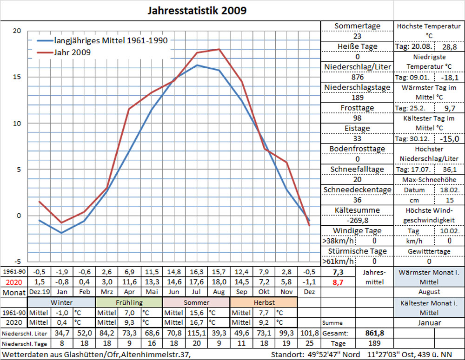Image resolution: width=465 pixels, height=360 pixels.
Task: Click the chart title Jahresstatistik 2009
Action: pyautogui.click(x=197, y=10)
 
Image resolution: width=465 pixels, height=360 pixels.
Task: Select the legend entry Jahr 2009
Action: pyautogui.click(x=72, y=52)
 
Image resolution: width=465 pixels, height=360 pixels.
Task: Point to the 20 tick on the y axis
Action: pyautogui.click(x=17, y=31)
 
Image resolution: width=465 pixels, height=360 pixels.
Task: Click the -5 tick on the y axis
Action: pyautogui.click(x=17, y=261)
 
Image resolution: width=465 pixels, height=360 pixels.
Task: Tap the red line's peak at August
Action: pyautogui.click(x=219, y=49)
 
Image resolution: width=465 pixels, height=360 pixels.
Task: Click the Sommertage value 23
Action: pyautogui.click(x=357, y=36)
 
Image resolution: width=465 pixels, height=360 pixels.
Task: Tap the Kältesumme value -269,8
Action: pyautogui.click(x=357, y=220)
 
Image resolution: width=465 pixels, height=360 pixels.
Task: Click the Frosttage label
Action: pyautogui.click(x=357, y=108)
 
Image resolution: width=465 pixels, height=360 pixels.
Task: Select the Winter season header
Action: pyautogui.click(x=61, y=302)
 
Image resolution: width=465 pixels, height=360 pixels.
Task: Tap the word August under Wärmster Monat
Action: pyautogui.click(x=429, y=292)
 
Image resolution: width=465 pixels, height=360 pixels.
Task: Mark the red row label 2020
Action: pyautogui.click(x=13, y=281)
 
